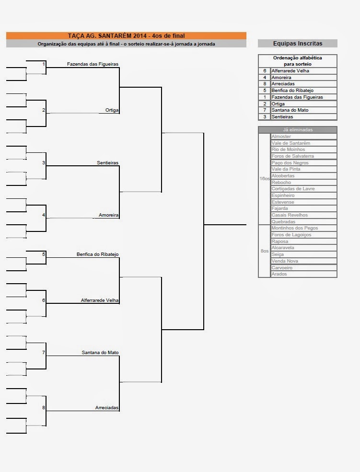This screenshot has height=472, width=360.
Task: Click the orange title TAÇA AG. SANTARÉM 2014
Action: click(126, 35)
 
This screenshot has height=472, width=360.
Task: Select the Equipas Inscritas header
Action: click(297, 43)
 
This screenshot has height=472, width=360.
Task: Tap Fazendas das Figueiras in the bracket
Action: click(93, 64)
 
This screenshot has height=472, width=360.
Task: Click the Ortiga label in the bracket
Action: click(112, 110)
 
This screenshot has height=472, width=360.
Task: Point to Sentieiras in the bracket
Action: click(107, 163)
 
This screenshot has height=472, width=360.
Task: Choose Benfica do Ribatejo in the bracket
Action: click(97, 254)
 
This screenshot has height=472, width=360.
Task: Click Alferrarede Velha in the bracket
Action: click(100, 300)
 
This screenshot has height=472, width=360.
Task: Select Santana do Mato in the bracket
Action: click(100, 353)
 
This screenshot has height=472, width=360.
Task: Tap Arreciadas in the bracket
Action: click(106, 408)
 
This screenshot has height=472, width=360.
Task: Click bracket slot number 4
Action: click(44, 215)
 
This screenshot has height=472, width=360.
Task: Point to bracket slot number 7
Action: click(44, 353)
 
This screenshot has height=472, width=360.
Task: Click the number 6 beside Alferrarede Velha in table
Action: click(264, 70)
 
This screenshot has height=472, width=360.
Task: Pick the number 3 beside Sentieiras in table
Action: click(264, 117)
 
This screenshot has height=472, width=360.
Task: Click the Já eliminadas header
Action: click(297, 130)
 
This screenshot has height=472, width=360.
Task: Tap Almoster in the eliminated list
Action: click(281, 137)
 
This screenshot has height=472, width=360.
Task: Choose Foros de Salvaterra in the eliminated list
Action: click(292, 156)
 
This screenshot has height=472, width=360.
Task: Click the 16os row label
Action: click(264, 178)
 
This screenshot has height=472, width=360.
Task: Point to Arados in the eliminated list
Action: click(279, 274)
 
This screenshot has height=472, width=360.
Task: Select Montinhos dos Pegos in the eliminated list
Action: click(294, 228)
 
